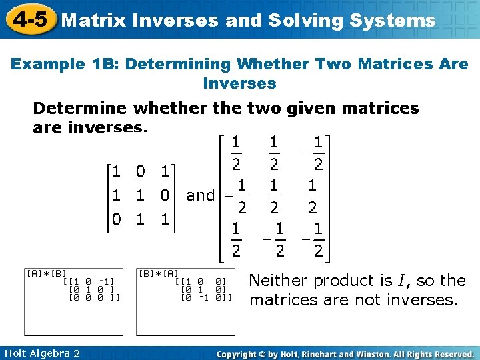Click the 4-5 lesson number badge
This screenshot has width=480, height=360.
[29, 19]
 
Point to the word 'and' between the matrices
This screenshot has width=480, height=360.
[200, 195]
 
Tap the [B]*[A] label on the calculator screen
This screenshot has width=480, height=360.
[157, 273]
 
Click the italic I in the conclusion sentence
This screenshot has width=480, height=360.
[381, 281]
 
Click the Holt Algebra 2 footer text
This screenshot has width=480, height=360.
[41, 353]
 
